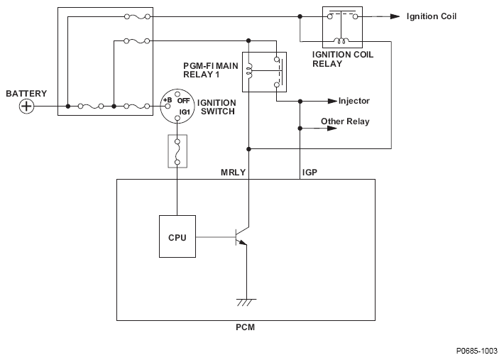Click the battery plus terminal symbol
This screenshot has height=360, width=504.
[x=26, y=106]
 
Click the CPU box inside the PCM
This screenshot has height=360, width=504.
[x=177, y=236]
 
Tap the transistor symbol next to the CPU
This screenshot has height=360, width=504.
[x=241, y=237]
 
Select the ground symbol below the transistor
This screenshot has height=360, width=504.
[x=246, y=302]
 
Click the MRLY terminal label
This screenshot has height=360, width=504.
[x=233, y=173]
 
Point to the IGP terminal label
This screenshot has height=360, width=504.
[x=309, y=173]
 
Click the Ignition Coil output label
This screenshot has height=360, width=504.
[x=432, y=16]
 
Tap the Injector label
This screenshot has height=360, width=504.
[x=354, y=101]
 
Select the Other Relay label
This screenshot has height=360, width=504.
[x=345, y=121]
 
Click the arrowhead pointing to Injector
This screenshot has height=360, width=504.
[x=332, y=102]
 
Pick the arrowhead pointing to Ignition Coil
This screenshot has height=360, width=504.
[x=395, y=16]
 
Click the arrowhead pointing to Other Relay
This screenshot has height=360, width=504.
[x=332, y=129]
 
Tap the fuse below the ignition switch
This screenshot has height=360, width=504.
[x=177, y=151]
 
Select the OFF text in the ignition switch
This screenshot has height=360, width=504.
[x=183, y=101]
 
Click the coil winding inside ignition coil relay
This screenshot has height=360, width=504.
[x=341, y=40]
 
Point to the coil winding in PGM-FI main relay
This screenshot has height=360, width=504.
[x=249, y=71]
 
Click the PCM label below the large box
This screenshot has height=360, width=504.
[x=245, y=327]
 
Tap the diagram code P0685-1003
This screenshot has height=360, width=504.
[x=477, y=351]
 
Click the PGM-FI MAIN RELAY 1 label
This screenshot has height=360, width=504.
[x=211, y=70]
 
